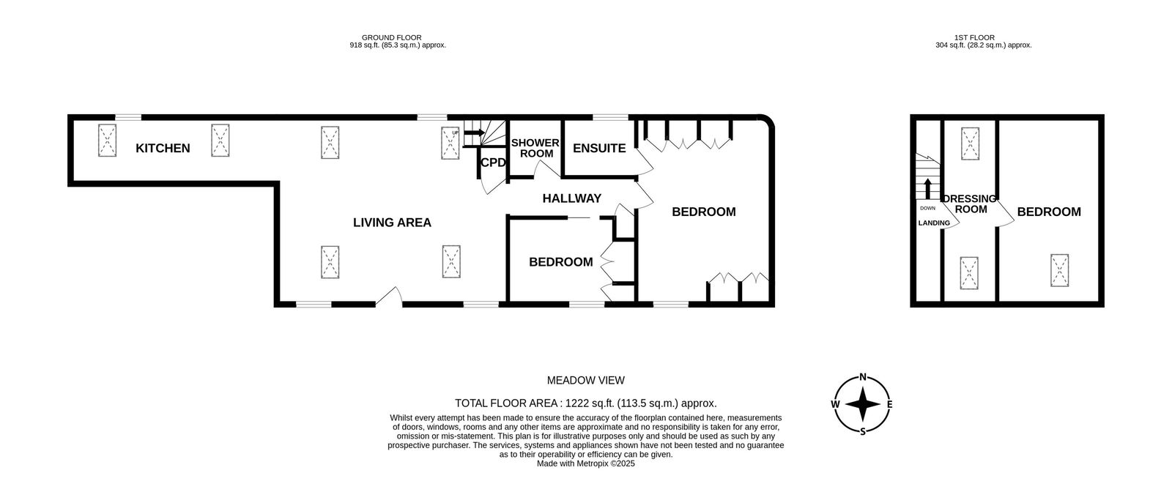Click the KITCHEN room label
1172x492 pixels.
click(x=163, y=149)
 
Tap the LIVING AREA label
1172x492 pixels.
click(x=392, y=223)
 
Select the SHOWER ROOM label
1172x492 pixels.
click(x=535, y=148)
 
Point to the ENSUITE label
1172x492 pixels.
click(x=599, y=149)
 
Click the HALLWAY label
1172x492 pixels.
click(x=572, y=198)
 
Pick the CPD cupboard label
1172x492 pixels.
click(x=493, y=163)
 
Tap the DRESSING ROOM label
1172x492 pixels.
click(x=970, y=204)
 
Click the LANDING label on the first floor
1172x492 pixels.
click(x=934, y=223)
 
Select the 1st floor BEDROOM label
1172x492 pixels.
click(x=1049, y=212)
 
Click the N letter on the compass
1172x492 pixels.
click(x=863, y=377)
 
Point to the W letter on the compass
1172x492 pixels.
click(x=835, y=404)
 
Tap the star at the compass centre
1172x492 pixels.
click(x=863, y=404)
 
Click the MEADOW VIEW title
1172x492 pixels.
click(x=585, y=381)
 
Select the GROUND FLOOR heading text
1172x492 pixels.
click(x=391, y=37)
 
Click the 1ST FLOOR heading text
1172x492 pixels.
click(x=974, y=37)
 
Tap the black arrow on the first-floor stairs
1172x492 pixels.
click(x=927, y=188)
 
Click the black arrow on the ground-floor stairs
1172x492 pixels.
click(x=474, y=133)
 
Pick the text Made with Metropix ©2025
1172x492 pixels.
click(x=585, y=463)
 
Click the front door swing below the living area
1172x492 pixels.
click(x=389, y=297)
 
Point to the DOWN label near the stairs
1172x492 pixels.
click(x=927, y=208)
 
